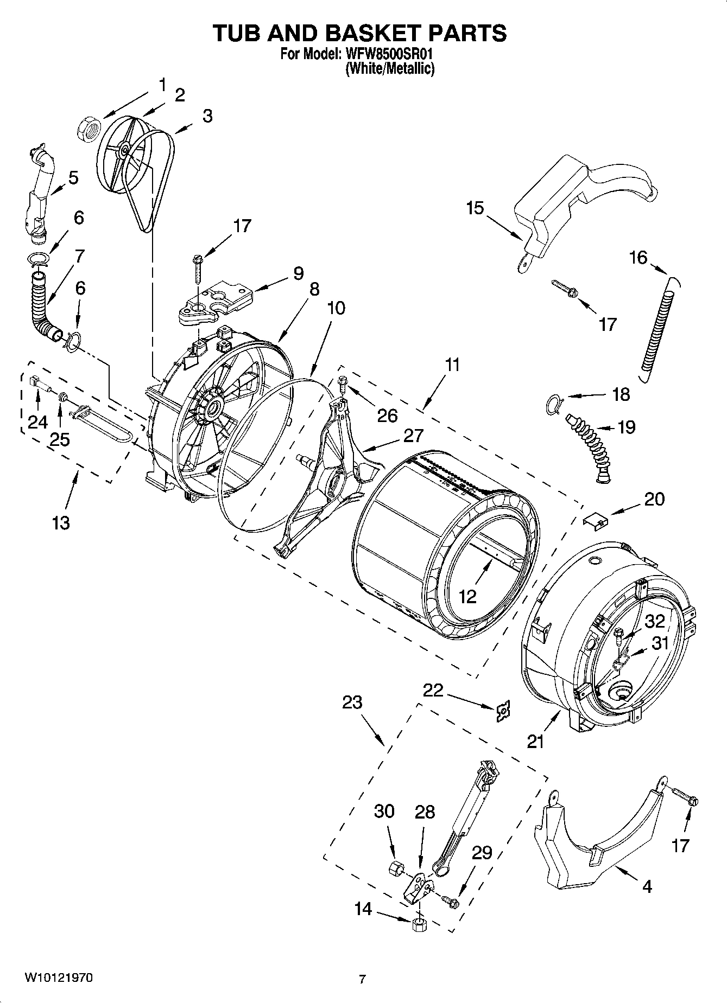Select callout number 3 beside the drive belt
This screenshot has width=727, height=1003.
(207, 116)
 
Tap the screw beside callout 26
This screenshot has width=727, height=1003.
(342, 384)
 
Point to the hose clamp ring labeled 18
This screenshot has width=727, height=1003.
(554, 405)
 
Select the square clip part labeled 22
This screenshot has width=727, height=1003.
(503, 711)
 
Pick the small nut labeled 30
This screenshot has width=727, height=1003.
(396, 868)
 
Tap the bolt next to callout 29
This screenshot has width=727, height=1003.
(450, 902)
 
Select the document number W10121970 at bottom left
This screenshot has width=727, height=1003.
(58, 978)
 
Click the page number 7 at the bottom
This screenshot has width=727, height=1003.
(363, 979)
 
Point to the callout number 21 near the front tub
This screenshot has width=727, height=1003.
(535, 742)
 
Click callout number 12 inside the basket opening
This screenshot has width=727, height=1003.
(467, 597)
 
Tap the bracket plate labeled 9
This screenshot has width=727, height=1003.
(216, 302)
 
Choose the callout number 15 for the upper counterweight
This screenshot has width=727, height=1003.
(475, 208)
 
